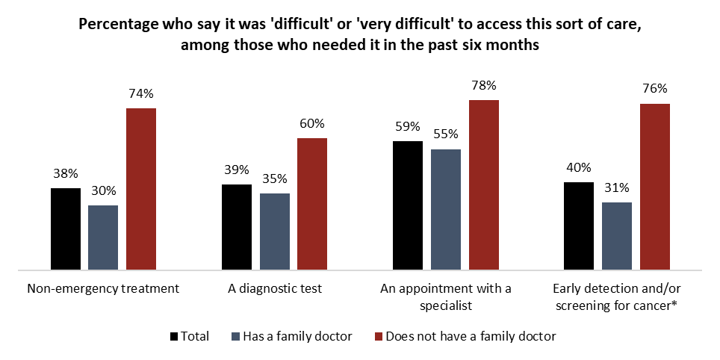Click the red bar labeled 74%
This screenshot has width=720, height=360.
point(140,188)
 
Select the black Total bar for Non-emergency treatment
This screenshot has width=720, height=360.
point(65,229)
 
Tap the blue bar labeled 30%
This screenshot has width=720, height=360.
point(103,237)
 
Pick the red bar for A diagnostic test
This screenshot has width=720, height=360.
point(312,203)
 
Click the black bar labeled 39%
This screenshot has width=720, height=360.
point(237,226)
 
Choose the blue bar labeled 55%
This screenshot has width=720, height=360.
point(446,209)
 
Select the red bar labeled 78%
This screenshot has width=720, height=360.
point(483,184)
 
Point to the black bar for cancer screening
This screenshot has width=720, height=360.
point(579,226)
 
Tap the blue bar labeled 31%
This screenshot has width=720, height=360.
point(617,235)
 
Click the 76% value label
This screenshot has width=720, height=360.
point(654,89)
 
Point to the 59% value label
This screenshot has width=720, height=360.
point(408,126)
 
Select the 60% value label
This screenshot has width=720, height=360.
point(312,123)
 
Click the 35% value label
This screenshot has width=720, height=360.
point(274,179)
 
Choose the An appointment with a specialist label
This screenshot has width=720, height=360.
point(446,297)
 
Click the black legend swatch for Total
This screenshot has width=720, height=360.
point(176,336)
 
